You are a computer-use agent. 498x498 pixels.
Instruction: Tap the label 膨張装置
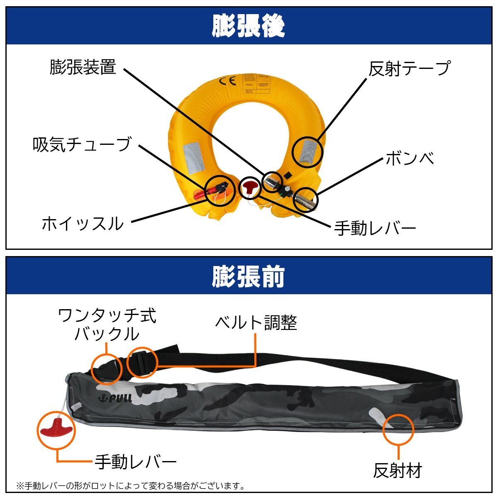[x=83, y=67]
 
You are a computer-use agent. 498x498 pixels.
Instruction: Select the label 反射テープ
[x=409, y=68]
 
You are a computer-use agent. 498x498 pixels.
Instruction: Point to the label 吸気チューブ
[x=82, y=144]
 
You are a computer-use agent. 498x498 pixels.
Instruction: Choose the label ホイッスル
[x=83, y=224]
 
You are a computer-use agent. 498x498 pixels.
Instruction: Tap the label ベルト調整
[x=256, y=322]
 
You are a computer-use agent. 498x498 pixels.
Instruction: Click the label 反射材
[x=398, y=471]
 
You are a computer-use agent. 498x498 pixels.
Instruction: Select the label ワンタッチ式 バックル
[x=107, y=325]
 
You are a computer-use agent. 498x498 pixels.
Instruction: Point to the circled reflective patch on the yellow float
[x=307, y=152]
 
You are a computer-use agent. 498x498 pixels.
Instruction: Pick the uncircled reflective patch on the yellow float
[x=194, y=158]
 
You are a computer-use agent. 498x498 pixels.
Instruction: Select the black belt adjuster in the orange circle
[x=142, y=362]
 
